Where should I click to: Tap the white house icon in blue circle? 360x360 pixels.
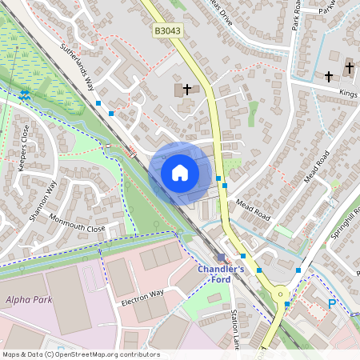179,172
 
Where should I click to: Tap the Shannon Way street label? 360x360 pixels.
43,202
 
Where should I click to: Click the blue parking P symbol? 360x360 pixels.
332,302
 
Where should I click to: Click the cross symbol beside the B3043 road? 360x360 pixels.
188,89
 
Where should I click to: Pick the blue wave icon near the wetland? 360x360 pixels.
26,94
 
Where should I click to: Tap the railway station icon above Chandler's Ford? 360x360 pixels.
222,258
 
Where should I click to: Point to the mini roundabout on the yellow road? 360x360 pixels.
281,294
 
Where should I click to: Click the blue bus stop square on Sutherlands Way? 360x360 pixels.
98,103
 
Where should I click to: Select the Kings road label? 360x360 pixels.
348,94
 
